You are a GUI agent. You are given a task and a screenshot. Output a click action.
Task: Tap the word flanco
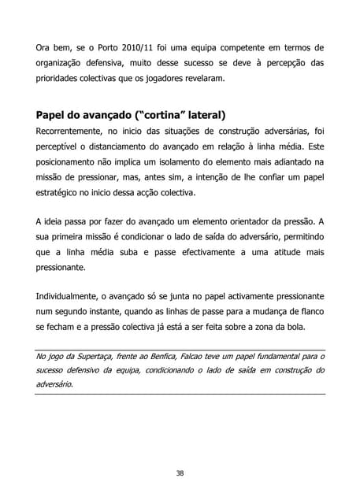click(307, 313)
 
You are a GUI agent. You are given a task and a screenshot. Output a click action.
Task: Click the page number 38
click(180, 472)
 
